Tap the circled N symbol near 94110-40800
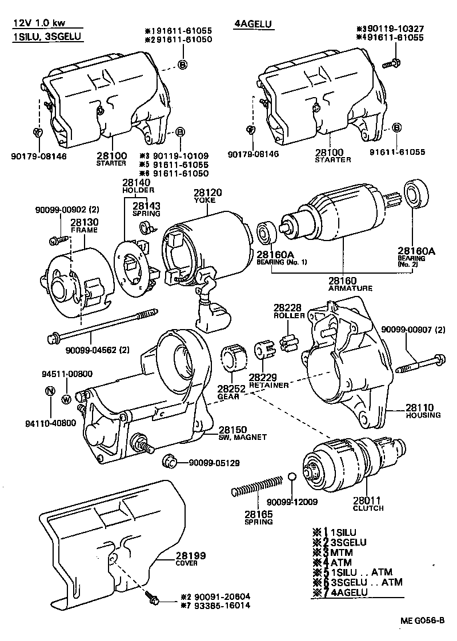50,392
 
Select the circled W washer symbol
66,399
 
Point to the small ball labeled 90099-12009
292,477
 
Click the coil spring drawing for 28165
257,484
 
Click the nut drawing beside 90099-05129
168,461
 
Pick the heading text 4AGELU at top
254,24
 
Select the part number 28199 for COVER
190,556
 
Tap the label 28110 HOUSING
423,411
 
